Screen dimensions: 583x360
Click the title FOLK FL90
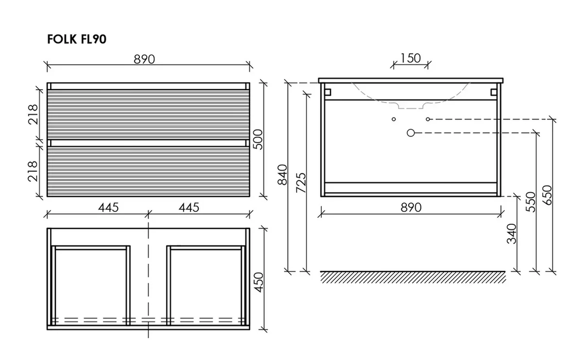76,39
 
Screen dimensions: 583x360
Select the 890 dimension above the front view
144,59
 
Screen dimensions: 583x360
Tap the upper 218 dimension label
33,114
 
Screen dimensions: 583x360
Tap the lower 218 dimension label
33,171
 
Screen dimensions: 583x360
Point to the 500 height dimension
258,139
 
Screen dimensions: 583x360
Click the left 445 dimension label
108,207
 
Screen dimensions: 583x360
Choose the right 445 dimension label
189,207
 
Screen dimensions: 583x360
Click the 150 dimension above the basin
410,58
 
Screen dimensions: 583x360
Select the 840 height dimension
283,175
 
